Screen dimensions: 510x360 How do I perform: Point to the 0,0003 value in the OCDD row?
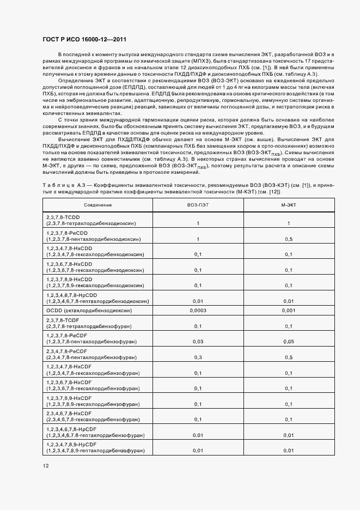pyautogui.click(x=198, y=310)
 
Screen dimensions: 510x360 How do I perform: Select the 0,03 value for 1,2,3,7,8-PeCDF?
pyautogui.click(x=198, y=342)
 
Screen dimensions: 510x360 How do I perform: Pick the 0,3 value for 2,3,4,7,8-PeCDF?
pyautogui.click(x=198, y=357)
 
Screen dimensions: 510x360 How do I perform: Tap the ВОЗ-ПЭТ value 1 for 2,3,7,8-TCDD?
pyautogui.click(x=198, y=223)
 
